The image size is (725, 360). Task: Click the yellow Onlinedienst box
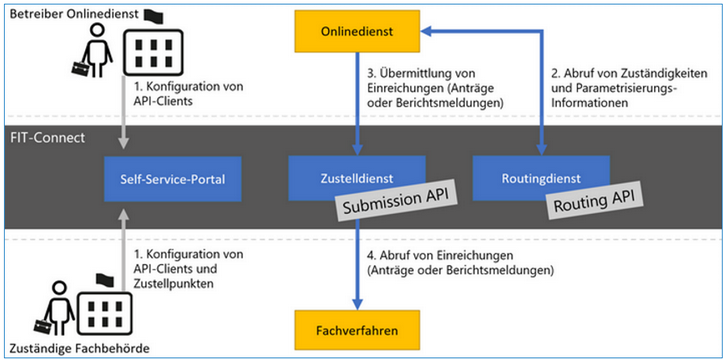point(357,31)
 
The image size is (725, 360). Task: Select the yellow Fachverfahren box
point(357,331)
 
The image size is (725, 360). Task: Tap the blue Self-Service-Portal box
point(172,179)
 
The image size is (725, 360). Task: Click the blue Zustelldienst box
point(357,178)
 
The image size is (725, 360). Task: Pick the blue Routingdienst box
point(541,178)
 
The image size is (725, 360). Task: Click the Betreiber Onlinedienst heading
point(74,14)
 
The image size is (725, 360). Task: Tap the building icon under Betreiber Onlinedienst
point(153,52)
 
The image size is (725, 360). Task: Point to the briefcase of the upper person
point(80,67)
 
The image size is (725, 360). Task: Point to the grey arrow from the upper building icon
point(123,112)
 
